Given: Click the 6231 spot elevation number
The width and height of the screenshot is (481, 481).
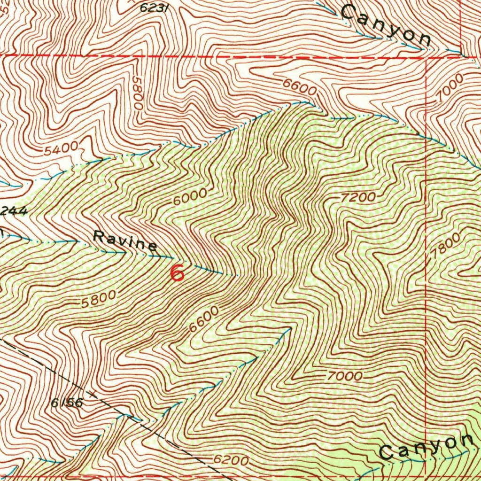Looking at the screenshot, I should point(155,8).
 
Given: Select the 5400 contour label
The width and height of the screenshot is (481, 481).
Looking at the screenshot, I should point(62,150).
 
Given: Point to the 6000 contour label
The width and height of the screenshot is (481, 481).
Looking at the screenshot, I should point(190,196).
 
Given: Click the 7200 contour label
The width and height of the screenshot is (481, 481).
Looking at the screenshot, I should point(358,197).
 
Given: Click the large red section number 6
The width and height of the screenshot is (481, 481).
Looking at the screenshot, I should point(177,273).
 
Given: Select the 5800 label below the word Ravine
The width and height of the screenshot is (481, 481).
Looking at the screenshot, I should point(98,299).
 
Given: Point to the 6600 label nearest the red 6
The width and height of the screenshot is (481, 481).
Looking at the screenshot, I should point(204,319).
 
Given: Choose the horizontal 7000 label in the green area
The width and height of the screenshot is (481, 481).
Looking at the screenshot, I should point(345,376).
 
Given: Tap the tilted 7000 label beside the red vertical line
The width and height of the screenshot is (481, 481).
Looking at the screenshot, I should point(449,88).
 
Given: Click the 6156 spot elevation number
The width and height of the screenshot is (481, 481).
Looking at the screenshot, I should point(67,403).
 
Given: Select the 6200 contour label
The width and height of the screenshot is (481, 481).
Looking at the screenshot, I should point(230,460).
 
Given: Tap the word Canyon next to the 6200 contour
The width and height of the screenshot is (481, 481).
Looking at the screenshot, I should point(426,446).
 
